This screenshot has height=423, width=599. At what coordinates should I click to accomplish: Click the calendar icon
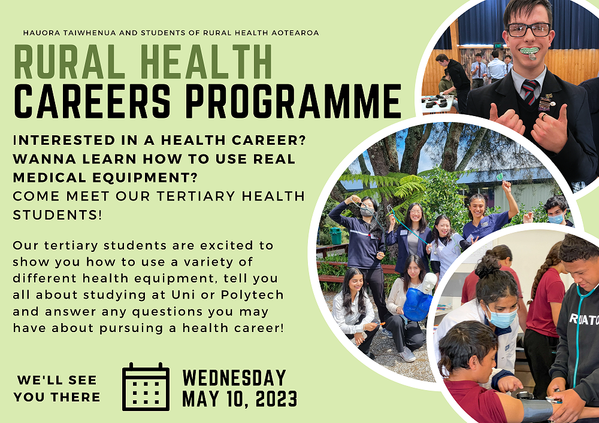[x=146, y=387]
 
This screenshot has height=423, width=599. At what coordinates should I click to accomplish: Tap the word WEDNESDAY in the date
[x=234, y=378]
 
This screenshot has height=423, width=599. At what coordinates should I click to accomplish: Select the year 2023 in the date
[x=276, y=399]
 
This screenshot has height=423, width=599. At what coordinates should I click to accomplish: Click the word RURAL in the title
[x=69, y=62]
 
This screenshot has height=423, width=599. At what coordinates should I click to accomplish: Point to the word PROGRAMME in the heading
[x=294, y=101]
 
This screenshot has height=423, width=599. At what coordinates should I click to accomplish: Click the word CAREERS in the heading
[x=92, y=101]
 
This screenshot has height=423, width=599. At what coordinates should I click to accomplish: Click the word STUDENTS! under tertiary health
[x=58, y=215]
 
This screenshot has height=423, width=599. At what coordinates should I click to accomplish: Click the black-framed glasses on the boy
[x=528, y=30]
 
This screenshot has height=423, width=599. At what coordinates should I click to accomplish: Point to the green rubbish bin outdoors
[x=335, y=236]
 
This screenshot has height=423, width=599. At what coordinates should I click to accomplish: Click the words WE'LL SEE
[x=57, y=381]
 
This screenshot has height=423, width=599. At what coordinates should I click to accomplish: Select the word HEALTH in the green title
[x=206, y=62]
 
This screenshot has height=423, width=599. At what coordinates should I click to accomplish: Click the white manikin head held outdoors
[x=429, y=282]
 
